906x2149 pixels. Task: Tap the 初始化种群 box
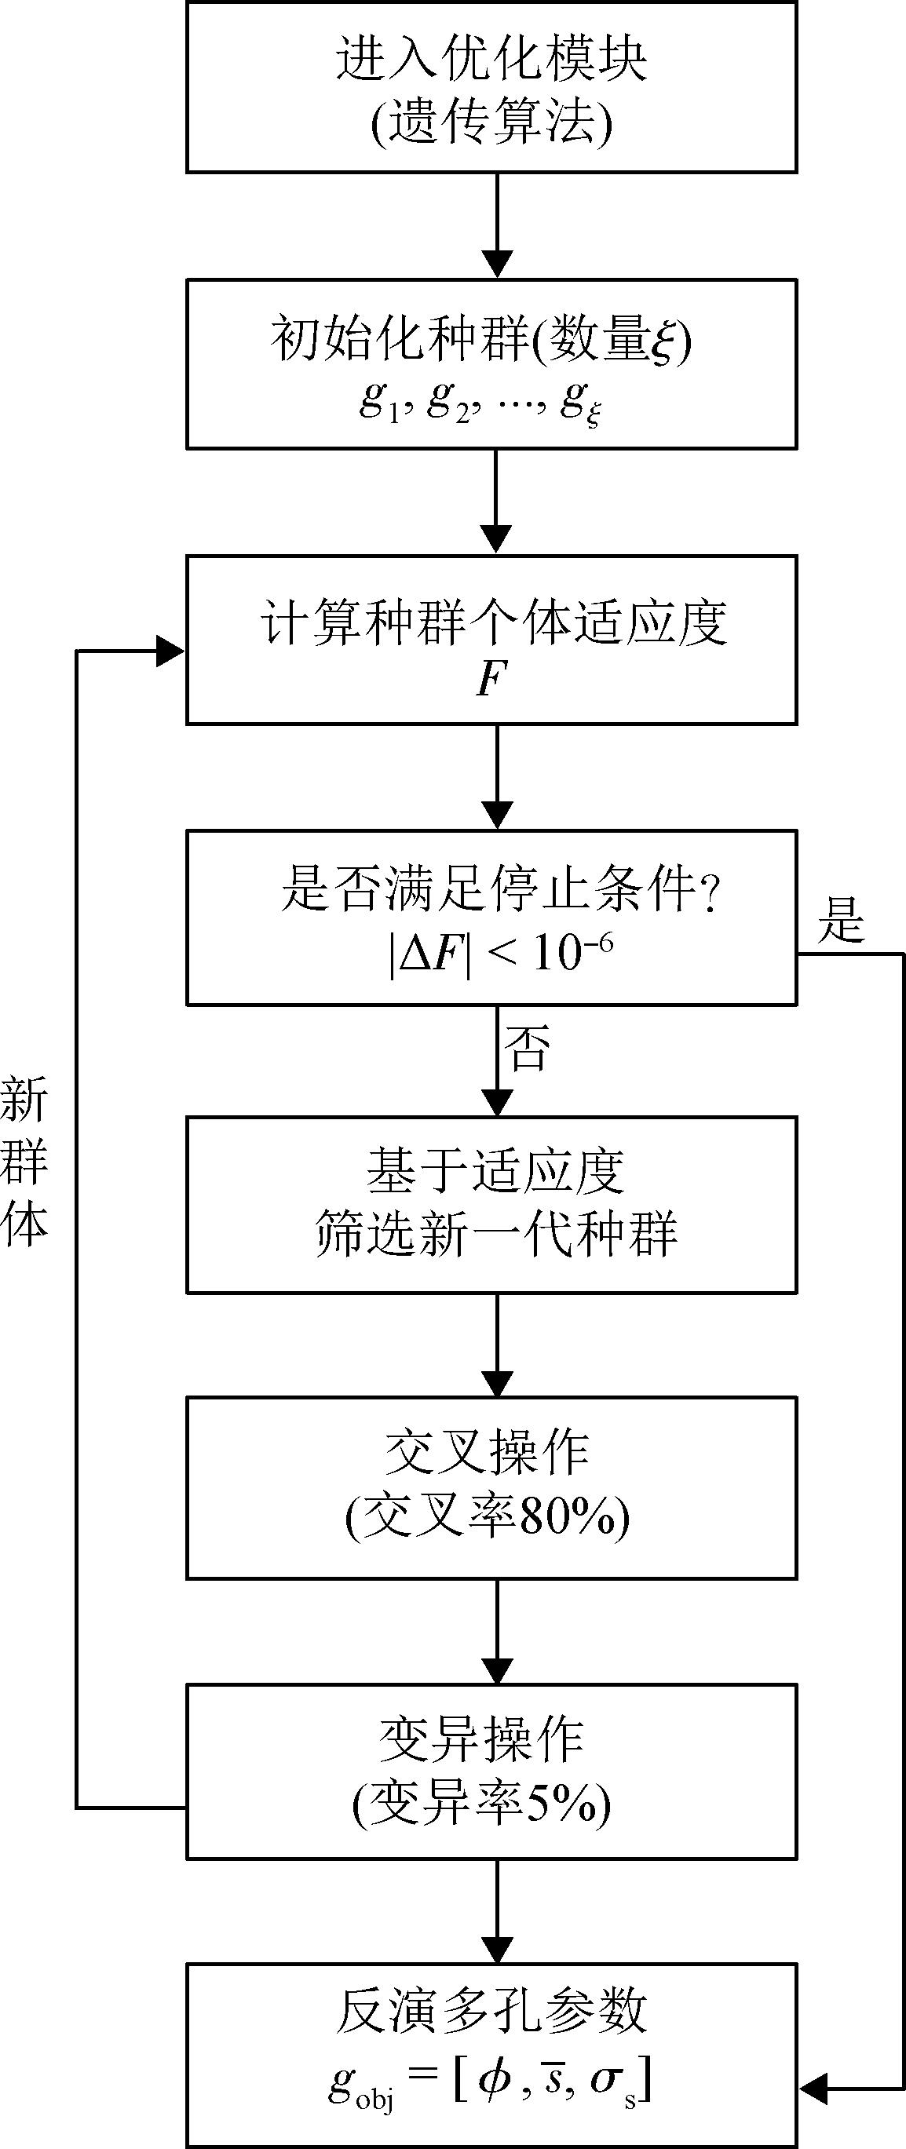tap(491, 363)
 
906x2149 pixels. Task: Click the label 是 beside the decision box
tap(841, 920)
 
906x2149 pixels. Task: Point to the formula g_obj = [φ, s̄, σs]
tap(490, 2082)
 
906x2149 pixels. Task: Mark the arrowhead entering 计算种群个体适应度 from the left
tap(171, 651)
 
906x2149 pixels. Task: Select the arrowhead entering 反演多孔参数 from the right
tap(813, 2090)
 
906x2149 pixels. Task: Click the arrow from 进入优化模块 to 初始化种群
tap(497, 225)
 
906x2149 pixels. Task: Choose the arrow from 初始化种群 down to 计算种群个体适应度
tap(497, 501)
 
